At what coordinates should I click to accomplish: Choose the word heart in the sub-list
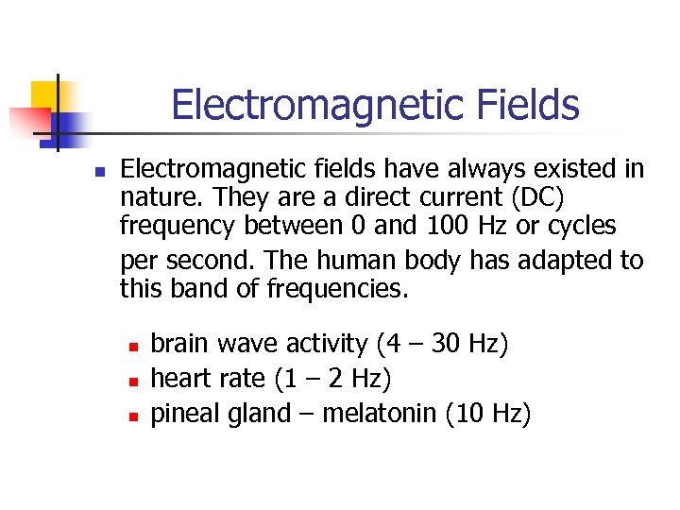tap(180, 379)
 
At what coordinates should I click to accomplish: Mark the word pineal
tap(183, 414)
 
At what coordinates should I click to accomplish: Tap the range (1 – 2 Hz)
tap(332, 379)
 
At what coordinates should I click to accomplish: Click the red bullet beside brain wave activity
tap(135, 346)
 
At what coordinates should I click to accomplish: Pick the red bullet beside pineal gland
tap(135, 416)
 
